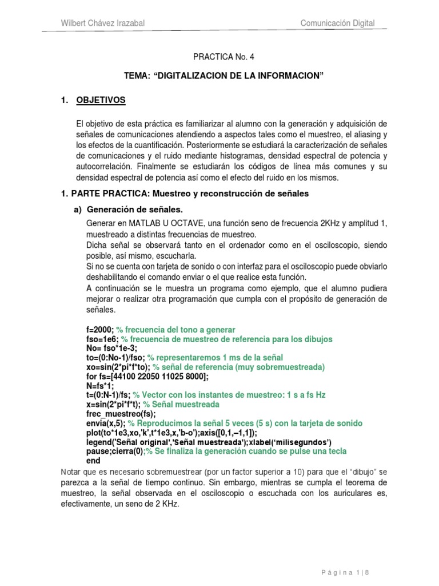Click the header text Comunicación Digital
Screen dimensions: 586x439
click(338, 23)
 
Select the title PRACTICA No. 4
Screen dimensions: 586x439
click(219, 57)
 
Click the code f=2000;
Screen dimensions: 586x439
click(99, 330)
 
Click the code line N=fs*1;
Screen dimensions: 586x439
click(98, 386)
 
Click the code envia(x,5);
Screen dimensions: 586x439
click(105, 423)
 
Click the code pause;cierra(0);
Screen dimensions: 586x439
click(114, 451)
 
